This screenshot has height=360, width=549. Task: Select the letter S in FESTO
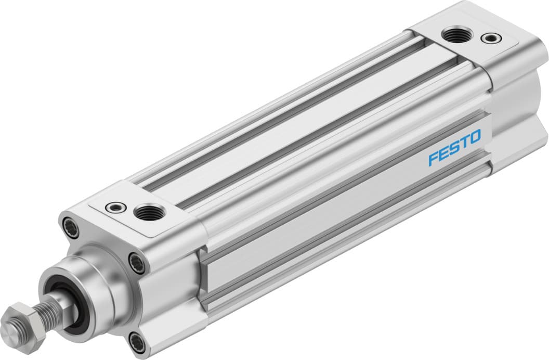tap(454, 147)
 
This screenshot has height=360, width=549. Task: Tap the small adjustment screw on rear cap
tap(488, 37)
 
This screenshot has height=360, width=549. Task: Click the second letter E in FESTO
tap(443, 153)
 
